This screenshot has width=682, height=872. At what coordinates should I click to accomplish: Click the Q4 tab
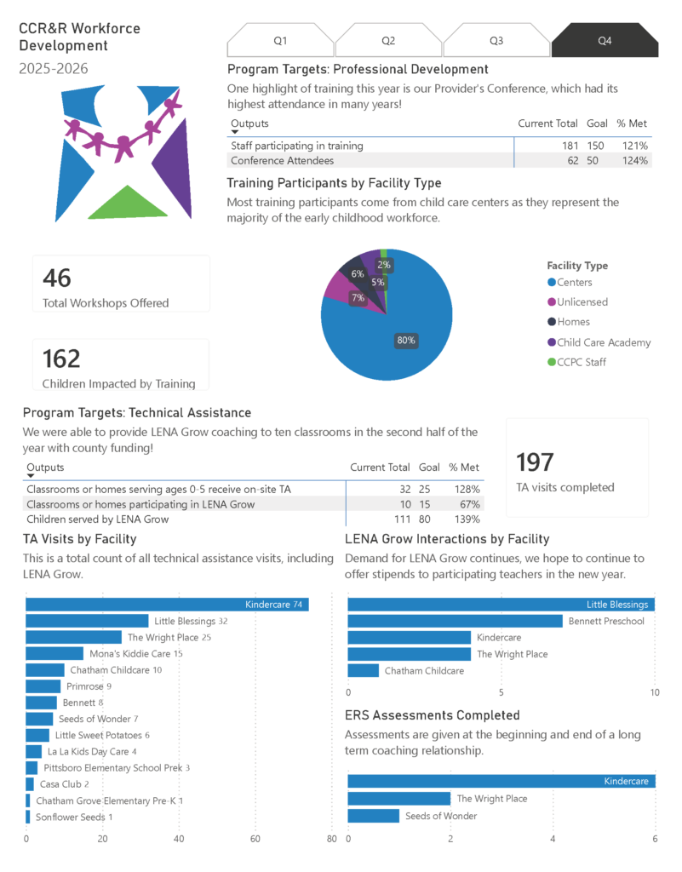(x=605, y=41)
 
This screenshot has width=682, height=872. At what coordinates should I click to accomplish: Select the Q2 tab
(x=388, y=41)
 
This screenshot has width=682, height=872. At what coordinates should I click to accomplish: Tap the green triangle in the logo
(x=128, y=203)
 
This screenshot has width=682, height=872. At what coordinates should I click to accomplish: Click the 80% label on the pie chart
(x=406, y=341)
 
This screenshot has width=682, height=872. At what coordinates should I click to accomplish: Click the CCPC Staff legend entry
(x=577, y=362)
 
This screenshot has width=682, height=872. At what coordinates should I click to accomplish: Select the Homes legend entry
(x=569, y=321)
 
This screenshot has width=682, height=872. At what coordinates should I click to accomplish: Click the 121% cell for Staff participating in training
(x=635, y=146)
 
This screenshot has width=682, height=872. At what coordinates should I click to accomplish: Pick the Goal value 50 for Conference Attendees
(x=593, y=161)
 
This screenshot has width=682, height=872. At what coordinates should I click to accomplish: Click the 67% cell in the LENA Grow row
(x=470, y=504)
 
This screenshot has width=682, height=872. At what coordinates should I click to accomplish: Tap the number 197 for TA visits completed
(x=535, y=462)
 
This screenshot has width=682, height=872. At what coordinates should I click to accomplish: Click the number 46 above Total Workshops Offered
(x=57, y=278)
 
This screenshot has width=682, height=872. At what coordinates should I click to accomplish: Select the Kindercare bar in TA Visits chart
(x=167, y=605)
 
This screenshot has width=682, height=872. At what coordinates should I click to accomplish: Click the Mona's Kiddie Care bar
(x=54, y=653)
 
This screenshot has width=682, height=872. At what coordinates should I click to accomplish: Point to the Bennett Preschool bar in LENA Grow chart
(x=456, y=621)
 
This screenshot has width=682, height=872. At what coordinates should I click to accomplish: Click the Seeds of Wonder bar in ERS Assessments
(x=374, y=816)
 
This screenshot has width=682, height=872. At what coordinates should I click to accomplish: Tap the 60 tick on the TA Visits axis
(x=255, y=839)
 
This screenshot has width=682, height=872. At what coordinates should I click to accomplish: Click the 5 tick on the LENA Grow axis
(x=501, y=692)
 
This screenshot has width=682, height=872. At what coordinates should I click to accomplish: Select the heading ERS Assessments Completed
(x=433, y=715)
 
